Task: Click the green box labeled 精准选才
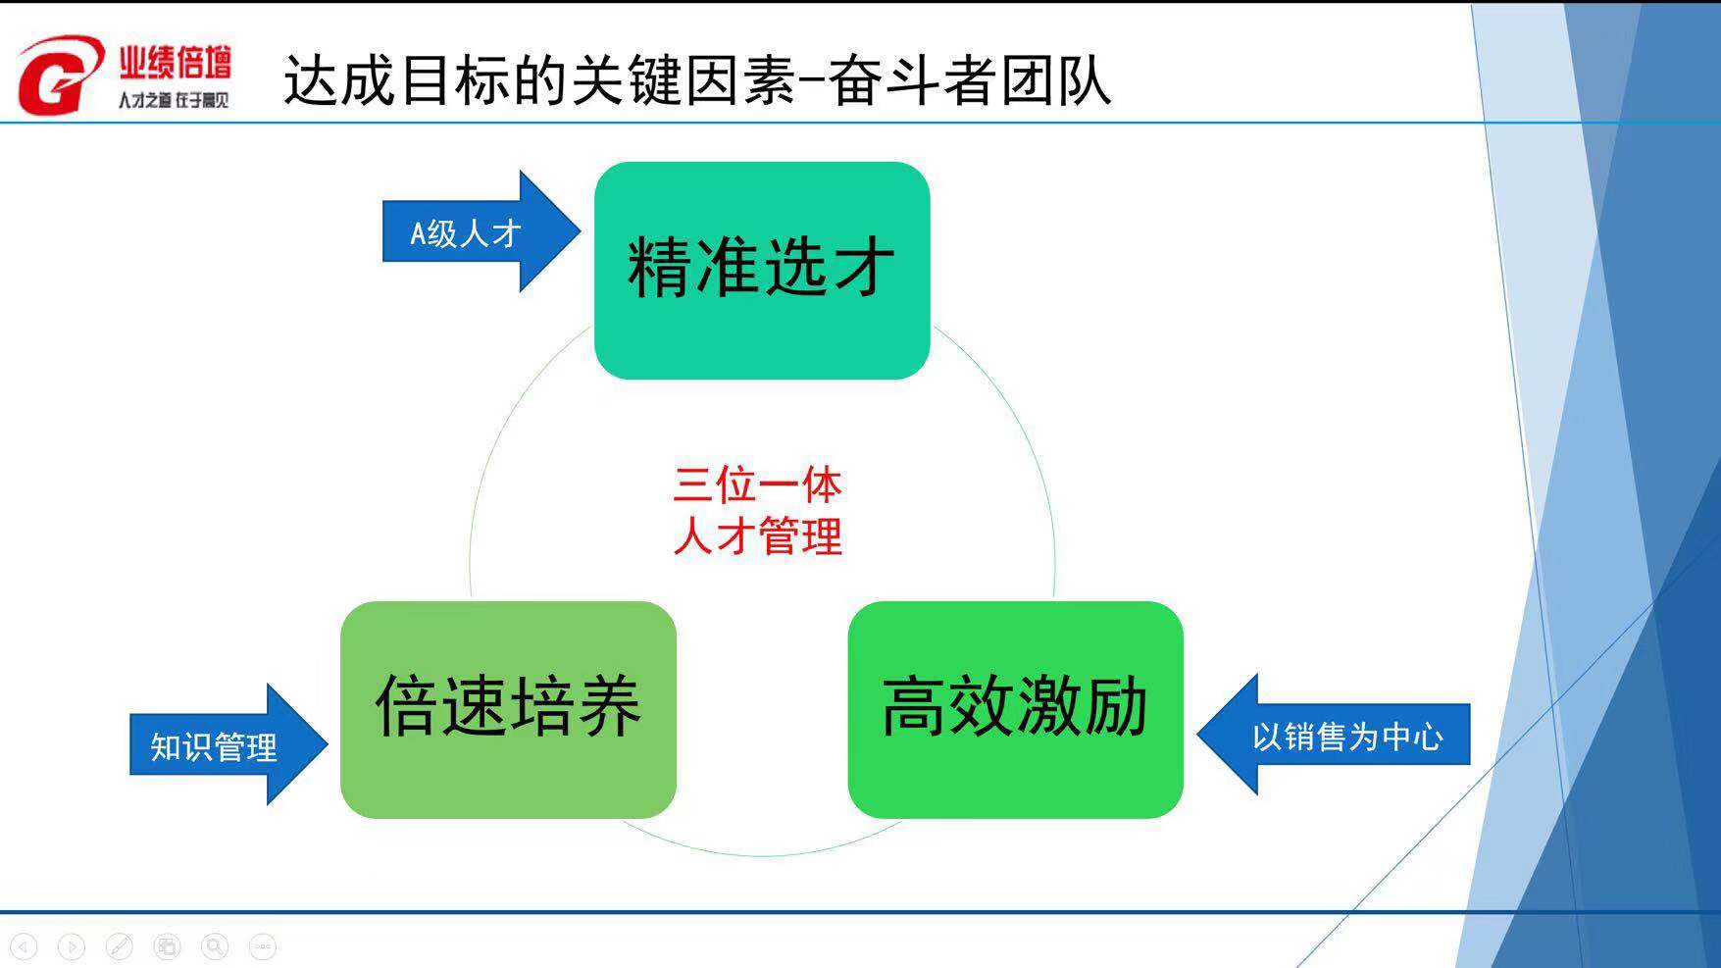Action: point(762,270)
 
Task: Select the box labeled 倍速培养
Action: point(508,709)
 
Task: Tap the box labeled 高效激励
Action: point(1015,709)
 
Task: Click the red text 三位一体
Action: point(757,484)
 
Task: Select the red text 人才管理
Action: point(757,536)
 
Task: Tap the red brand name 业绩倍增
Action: point(176,62)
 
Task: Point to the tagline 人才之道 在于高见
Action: point(174,100)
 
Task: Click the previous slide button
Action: point(24,946)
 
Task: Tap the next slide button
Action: point(72,946)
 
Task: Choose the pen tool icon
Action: point(119,946)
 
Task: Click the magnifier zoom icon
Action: point(215,946)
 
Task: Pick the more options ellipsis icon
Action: point(262,946)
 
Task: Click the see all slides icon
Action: point(167,946)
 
